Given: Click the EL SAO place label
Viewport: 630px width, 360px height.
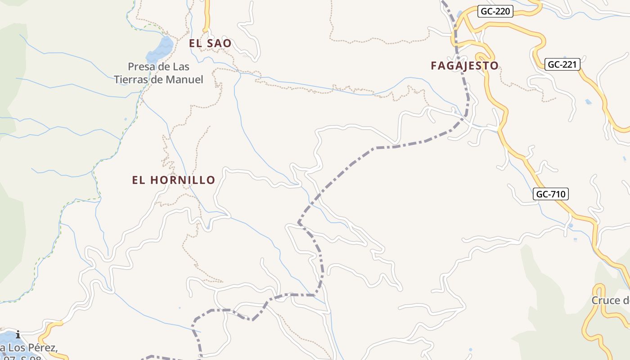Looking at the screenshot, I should coord(210,44).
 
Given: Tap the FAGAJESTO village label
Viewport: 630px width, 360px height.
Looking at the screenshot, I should coord(464,66).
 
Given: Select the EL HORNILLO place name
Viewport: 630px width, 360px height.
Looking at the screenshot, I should coord(174,180).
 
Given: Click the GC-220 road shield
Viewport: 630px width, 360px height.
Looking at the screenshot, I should coord(495,11).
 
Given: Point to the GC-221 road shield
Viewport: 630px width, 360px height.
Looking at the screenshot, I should coord(562,64).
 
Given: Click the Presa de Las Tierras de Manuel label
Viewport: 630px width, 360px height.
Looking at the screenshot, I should coord(158,73).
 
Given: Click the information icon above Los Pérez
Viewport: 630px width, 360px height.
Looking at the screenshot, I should coord(18,334).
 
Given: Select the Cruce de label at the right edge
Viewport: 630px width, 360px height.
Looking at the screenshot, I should coord(610,301).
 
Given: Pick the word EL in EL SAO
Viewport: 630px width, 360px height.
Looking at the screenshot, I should coord(195,44).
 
